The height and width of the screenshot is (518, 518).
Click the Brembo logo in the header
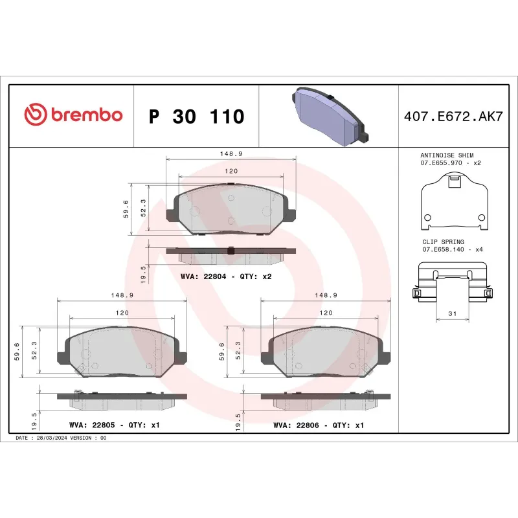point(73,115)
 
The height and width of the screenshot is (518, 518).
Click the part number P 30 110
point(196,117)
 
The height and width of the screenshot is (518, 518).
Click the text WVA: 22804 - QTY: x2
point(226,276)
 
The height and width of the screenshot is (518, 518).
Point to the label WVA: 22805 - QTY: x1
point(114,425)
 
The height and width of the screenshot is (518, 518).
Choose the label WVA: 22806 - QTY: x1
point(319,425)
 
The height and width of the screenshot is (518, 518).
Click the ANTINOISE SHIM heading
point(447,156)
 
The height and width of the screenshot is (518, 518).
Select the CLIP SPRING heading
point(442,242)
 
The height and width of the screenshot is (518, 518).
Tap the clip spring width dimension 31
point(452,313)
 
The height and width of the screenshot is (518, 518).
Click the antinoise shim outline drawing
point(453,204)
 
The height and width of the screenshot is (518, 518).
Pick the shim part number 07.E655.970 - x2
point(451,164)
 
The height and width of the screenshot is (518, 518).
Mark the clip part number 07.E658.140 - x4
point(453,249)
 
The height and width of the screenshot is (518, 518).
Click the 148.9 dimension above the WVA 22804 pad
point(231,154)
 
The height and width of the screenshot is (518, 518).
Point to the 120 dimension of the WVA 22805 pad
point(122,312)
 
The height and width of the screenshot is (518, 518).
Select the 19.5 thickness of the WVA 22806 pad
point(238,422)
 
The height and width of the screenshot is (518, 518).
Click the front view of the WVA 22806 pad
point(326,352)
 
